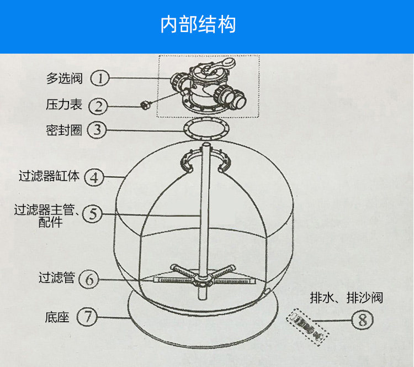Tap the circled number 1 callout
[x=100, y=78]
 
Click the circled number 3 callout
[x=97, y=130]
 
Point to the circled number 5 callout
[x=92, y=214]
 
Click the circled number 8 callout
[x=362, y=320]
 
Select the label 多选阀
[x=64, y=78]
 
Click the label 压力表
[x=64, y=104]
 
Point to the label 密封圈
[x=64, y=130]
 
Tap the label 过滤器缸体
[x=49, y=176]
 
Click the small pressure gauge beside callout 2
[x=146, y=103]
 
